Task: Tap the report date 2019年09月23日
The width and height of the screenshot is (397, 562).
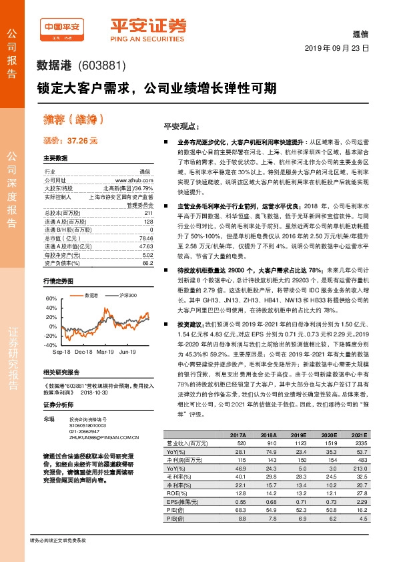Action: [336, 49]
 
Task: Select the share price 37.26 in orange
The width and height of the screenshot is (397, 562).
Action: [82, 141]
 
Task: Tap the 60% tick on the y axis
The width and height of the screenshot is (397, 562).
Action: [51, 298]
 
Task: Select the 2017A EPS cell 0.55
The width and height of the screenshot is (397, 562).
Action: [238, 501]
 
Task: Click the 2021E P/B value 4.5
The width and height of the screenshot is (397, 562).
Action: [361, 518]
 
